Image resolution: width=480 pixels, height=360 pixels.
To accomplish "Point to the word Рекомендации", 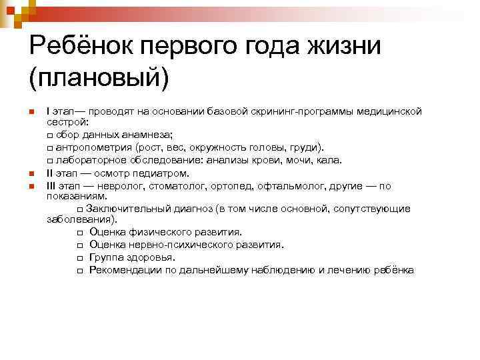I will click(124, 270).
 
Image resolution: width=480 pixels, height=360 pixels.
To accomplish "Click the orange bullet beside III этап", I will click(31, 186).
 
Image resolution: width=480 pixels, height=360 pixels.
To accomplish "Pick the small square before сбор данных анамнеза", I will click(50, 135).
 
